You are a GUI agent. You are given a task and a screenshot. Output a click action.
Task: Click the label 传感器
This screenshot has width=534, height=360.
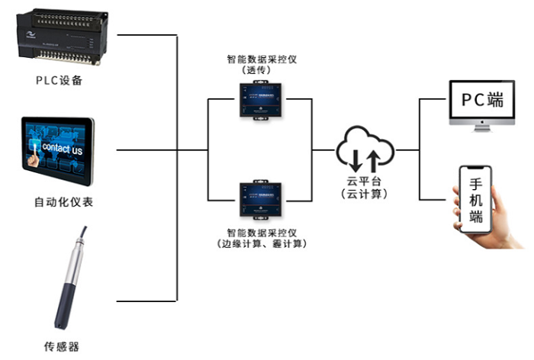pyautogui.click(x=59, y=346)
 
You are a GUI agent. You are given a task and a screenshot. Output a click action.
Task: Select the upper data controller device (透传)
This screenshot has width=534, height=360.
pyautogui.click(x=261, y=99)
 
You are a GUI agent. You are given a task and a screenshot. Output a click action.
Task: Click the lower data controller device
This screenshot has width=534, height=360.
pyautogui.click(x=261, y=200)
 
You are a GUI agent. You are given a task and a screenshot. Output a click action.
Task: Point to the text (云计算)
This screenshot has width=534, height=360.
pyautogui.click(x=365, y=195)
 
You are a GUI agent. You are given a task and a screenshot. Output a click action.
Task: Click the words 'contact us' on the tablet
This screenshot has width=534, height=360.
pyautogui.click(x=61, y=149)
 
